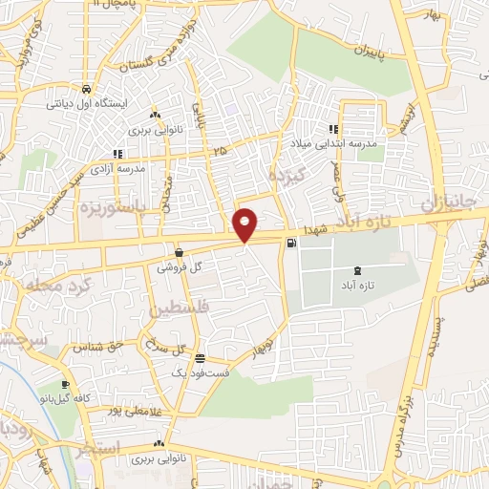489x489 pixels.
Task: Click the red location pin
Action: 246,224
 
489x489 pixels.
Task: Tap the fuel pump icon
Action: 291,243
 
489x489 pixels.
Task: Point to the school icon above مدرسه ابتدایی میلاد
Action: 333,130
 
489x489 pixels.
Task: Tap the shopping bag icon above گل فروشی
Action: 179,252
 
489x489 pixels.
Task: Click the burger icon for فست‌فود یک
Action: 199,359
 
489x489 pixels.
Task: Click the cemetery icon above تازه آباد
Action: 357,271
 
